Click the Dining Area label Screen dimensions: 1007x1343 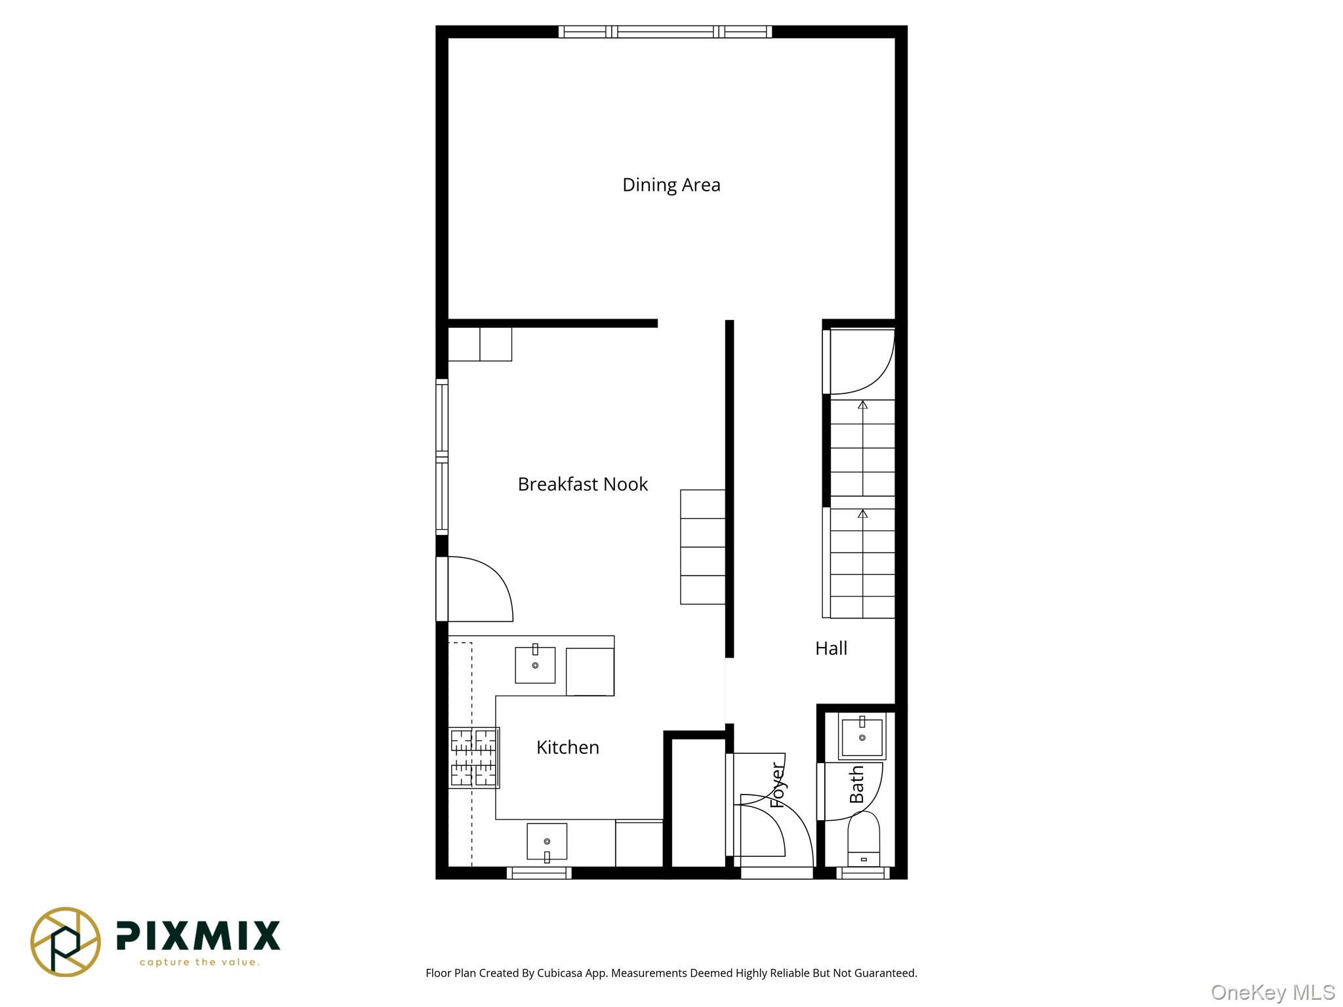(671, 185)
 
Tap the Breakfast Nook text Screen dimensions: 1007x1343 (582, 484)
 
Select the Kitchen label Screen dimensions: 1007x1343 (567, 747)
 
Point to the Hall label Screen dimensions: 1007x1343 (831, 648)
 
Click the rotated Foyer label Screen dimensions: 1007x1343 (778, 785)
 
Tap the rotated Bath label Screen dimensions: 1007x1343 (856, 785)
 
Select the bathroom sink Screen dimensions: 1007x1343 (862, 736)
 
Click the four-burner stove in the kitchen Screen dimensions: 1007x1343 (473, 757)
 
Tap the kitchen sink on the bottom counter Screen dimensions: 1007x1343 (546, 842)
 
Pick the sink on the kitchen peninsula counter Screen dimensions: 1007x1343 (535, 665)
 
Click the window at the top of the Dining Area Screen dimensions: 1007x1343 (665, 31)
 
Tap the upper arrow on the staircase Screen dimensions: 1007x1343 (862, 406)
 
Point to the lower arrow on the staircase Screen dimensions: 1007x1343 (862, 515)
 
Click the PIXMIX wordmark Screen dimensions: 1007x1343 (198, 936)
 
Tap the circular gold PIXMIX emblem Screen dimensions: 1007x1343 (66, 941)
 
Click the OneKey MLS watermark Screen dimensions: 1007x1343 (1272, 992)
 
